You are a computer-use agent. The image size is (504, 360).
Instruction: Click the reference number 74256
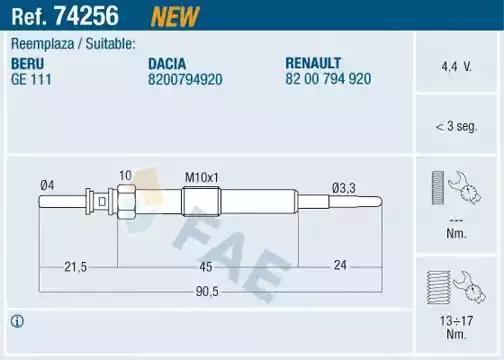[x=86, y=16]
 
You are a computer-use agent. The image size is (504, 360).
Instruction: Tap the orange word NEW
[x=175, y=17]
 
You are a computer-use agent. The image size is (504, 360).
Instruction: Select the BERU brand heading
[x=27, y=64]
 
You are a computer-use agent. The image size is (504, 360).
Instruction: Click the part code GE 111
[x=31, y=79]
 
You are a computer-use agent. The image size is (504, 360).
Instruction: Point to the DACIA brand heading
[x=167, y=64]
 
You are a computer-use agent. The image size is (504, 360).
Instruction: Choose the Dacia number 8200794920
[x=185, y=79]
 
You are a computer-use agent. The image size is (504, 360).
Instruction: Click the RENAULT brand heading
[x=313, y=63]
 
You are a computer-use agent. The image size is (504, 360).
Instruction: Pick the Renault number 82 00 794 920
[x=328, y=79]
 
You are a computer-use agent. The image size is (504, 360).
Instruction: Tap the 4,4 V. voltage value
[x=456, y=67]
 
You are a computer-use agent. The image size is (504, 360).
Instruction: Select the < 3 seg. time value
[x=456, y=126]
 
